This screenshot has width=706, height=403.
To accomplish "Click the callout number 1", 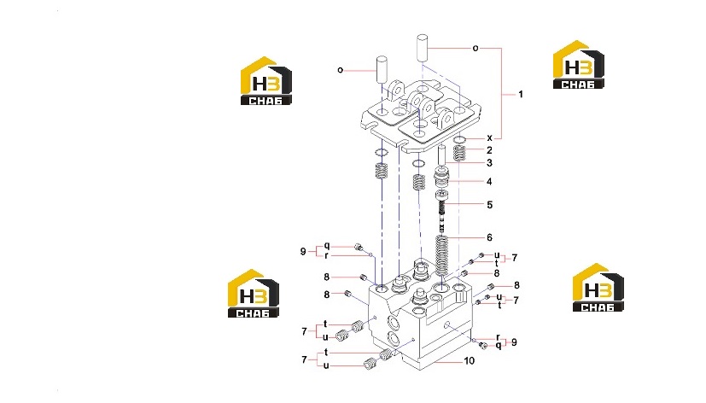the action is point(521,94).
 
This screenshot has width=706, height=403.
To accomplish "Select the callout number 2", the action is point(489,150).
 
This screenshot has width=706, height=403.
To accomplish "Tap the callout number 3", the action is point(489,163).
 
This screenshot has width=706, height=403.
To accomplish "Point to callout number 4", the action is point(489,182).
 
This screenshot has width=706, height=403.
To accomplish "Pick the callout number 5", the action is point(490,205).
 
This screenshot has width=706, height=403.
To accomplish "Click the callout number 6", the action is point(489,237).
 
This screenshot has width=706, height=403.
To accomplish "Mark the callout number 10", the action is point(470,360).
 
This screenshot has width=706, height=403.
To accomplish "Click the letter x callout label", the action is point(489,138).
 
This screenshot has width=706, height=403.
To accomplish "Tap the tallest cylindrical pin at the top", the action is point(422,49).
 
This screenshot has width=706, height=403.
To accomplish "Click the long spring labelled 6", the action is point(441,256).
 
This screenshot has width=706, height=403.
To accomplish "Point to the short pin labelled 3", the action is point(441,155).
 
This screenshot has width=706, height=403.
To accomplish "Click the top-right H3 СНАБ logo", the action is point(579,65).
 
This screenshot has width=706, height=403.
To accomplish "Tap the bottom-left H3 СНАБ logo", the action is point(253,294).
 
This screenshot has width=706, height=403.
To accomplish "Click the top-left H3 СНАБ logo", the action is point(266,81).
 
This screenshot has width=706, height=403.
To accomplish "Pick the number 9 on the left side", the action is point(303,251).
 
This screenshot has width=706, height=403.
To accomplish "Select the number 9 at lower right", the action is point(514,342).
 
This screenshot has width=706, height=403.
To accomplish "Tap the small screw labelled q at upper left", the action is point(359,247).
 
